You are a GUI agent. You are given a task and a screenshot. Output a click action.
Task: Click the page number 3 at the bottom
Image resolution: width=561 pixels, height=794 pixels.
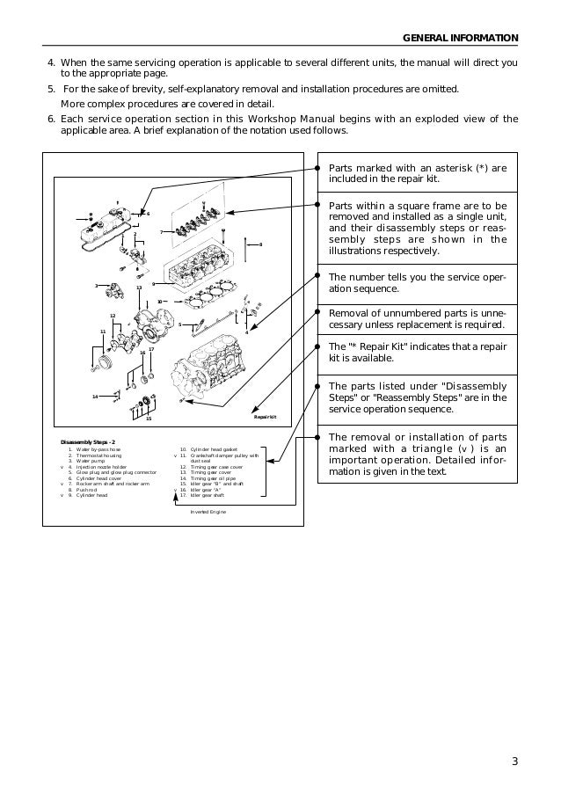coord(514,761)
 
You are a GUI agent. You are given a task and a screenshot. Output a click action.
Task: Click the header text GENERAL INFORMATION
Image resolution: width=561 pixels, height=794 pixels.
coord(460,38)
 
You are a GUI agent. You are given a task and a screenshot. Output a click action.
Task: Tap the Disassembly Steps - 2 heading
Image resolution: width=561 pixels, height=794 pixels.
coord(88,441)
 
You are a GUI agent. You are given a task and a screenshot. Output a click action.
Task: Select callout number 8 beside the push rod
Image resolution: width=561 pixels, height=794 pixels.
coord(260,244)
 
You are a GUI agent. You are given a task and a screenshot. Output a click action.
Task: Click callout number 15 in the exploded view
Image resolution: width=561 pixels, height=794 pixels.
coord(149,419)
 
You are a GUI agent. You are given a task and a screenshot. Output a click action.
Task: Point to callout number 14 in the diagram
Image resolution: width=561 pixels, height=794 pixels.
coord(95,397)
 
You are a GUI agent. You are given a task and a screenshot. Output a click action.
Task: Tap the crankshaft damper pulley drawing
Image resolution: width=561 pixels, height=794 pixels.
coord(106,362)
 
